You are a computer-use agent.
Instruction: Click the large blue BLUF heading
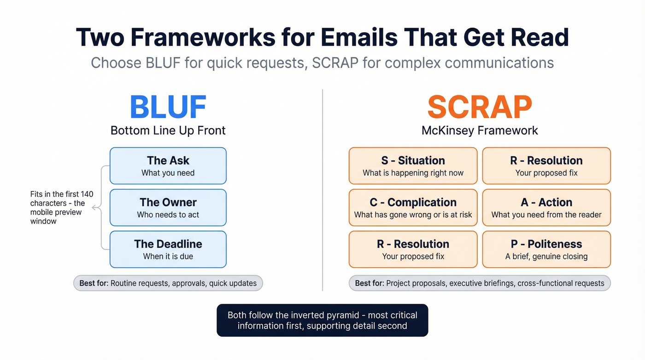click(x=168, y=107)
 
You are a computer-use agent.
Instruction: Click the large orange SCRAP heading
click(x=480, y=107)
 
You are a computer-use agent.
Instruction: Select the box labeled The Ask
click(x=168, y=166)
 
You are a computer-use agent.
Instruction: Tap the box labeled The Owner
click(x=168, y=207)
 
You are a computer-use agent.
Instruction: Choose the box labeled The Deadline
click(x=168, y=249)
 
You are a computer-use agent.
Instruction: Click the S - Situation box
click(x=413, y=166)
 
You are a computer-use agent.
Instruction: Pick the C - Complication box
click(x=413, y=207)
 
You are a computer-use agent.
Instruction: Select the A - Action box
click(x=546, y=207)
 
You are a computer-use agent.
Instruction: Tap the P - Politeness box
click(x=546, y=249)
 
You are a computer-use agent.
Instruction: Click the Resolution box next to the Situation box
click(x=546, y=166)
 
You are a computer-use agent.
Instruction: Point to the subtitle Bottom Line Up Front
click(x=168, y=130)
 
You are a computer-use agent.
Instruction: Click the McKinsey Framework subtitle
click(x=480, y=130)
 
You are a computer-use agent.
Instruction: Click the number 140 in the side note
click(x=87, y=194)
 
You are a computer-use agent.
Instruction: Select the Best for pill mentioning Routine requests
click(x=168, y=283)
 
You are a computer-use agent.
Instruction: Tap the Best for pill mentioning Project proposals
click(x=480, y=283)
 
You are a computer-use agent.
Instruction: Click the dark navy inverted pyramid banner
click(x=322, y=320)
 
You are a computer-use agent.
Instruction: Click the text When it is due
click(x=168, y=256)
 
